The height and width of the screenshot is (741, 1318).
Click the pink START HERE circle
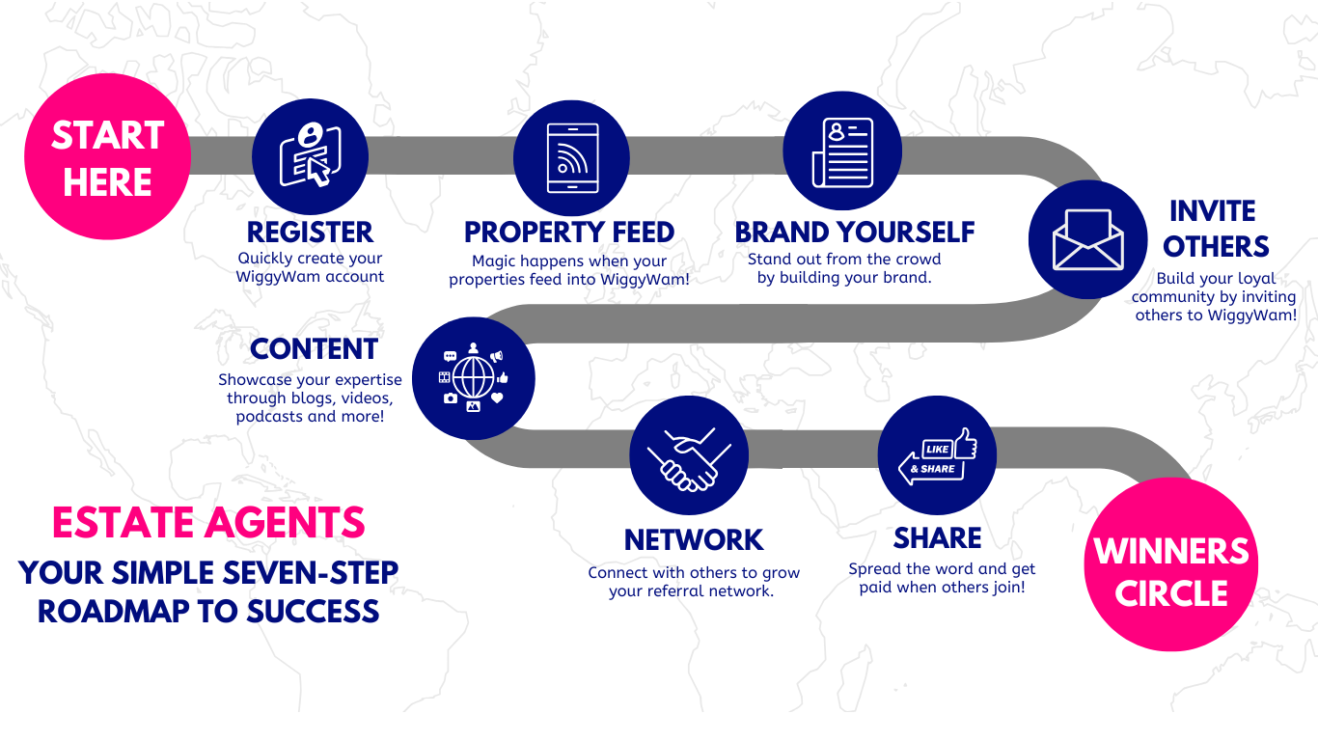tap(108, 156)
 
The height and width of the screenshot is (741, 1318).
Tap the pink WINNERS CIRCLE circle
tap(1171, 564)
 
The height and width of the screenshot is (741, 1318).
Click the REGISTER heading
tap(310, 233)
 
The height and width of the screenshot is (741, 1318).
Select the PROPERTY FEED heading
tap(569, 232)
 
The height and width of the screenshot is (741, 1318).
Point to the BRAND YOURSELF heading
tap(854, 232)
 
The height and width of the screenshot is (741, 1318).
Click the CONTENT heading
tap(314, 349)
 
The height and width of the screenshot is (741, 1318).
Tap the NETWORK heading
tap(694, 539)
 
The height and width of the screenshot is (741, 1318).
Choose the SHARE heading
tap(937, 538)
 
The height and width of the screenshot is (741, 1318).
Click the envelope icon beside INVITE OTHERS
tap(1088, 239)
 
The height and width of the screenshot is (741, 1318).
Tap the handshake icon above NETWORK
tap(689, 459)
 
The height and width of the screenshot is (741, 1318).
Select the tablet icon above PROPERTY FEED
tap(572, 157)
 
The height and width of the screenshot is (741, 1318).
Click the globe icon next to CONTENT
tap(474, 378)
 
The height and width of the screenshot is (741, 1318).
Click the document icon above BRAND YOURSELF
tap(842, 152)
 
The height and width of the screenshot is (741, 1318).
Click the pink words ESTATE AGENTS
tap(208, 522)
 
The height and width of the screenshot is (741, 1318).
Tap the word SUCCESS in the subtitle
tap(313, 611)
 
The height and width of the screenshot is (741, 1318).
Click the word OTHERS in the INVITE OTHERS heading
tap(1216, 247)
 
